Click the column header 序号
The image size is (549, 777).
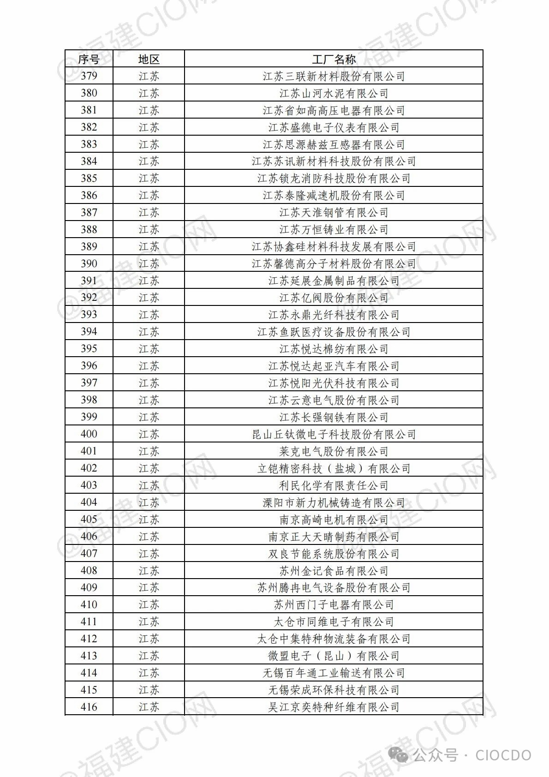(89, 59)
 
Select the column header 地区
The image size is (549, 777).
(149, 59)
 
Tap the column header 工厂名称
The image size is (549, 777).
(334, 59)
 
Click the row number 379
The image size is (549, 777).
(89, 76)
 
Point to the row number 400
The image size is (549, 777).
(89, 434)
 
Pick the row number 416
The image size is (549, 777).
(89, 707)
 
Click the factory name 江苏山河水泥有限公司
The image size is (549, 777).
(334, 93)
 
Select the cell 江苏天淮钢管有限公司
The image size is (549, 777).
(334, 213)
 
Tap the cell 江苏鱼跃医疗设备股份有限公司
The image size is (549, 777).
(334, 332)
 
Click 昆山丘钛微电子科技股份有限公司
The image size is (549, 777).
(334, 434)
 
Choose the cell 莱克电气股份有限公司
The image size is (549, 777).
(334, 451)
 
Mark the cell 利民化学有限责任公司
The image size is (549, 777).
(334, 485)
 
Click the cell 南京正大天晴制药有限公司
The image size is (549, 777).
(334, 537)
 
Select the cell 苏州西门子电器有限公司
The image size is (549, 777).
(334, 605)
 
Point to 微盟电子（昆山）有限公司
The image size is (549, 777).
(334, 656)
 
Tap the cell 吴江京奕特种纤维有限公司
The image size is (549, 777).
(334, 707)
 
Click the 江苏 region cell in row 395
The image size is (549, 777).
(149, 349)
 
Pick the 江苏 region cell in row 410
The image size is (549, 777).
(149, 605)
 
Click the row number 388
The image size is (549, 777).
(89, 230)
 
